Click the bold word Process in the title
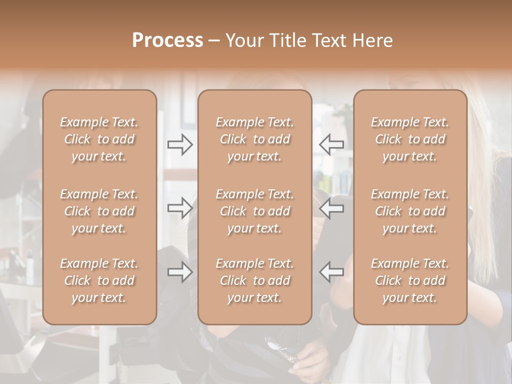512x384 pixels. [x=167, y=41]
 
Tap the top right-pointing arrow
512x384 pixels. [x=180, y=144]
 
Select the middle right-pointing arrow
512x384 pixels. [x=180, y=208]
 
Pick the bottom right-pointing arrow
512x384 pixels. [x=180, y=272]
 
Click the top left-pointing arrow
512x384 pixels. [x=332, y=144]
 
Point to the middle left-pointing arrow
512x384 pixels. [x=332, y=208]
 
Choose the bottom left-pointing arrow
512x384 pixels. [x=332, y=272]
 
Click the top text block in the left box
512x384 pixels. [x=99, y=139]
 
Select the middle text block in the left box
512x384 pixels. [x=99, y=211]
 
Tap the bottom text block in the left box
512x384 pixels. [x=99, y=281]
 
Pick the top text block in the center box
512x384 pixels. [x=255, y=139]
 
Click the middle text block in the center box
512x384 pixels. [x=255, y=211]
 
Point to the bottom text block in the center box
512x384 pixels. [x=255, y=281]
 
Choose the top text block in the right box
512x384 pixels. [x=410, y=139]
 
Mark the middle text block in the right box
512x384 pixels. [x=410, y=211]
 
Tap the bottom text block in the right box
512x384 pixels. [x=410, y=281]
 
